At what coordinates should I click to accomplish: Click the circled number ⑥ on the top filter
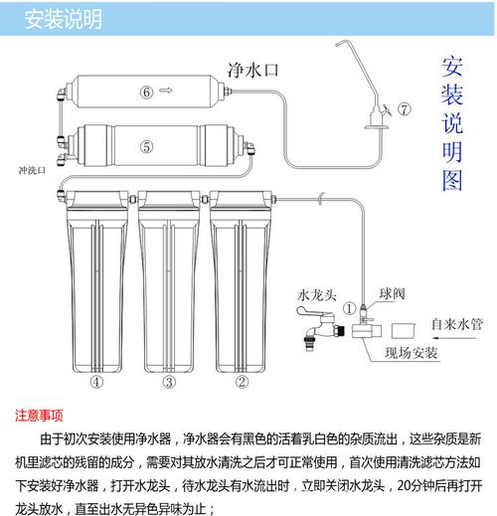pyautogui.click(x=146, y=92)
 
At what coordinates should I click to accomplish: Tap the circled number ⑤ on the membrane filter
pyautogui.click(x=146, y=146)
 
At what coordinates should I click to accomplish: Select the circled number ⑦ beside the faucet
pyautogui.click(x=404, y=107)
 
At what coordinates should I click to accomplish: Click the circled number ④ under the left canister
pyautogui.click(x=96, y=381)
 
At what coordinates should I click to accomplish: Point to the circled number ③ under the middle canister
pyautogui.click(x=169, y=381)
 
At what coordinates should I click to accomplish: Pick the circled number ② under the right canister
pyautogui.click(x=241, y=381)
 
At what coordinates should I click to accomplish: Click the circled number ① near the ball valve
pyautogui.click(x=349, y=308)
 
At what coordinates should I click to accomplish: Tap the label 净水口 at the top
pyautogui.click(x=252, y=71)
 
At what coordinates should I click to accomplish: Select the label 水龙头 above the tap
pyautogui.click(x=318, y=295)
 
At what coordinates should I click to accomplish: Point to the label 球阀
pyautogui.click(x=392, y=295)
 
